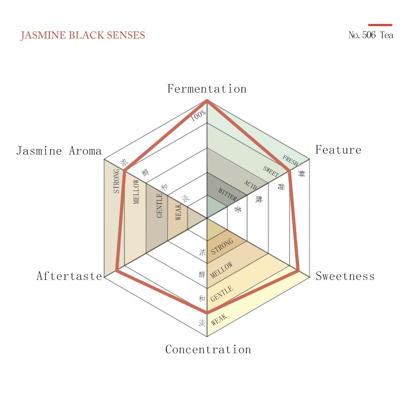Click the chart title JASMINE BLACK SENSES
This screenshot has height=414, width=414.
[83, 35]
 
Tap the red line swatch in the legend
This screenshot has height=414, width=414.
[380, 25]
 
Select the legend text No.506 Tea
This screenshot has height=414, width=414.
[371, 35]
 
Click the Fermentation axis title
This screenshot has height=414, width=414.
[207, 89]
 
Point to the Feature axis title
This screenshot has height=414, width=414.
[338, 150]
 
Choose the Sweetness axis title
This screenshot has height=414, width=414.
[345, 276]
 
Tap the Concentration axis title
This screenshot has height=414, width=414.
[208, 349]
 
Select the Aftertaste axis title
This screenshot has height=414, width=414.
[69, 276]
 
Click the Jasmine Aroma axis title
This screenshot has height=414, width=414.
[59, 151]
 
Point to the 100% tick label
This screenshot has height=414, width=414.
[198, 116]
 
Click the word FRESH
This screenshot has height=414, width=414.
[290, 161]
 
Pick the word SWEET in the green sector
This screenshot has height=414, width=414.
[271, 172]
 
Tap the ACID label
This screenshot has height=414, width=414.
[250, 184]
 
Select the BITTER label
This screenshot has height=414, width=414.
[228, 195]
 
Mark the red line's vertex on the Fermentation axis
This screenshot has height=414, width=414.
[207, 101]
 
